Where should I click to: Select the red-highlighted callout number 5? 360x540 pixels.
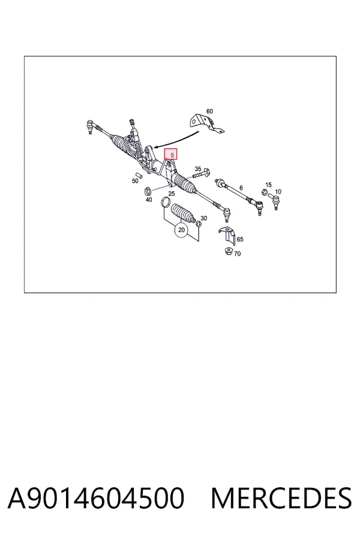pyautogui.click(x=172, y=155)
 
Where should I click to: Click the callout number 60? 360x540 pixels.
pyautogui.click(x=209, y=111)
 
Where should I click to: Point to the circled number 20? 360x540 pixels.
pyautogui.click(x=182, y=230)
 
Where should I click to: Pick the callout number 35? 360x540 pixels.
pyautogui.click(x=198, y=169)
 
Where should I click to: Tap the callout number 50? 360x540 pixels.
pyautogui.click(x=135, y=181)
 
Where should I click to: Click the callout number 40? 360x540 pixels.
pyautogui.click(x=148, y=200)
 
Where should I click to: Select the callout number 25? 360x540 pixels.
pyautogui.click(x=172, y=194)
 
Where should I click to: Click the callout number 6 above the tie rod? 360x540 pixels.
pyautogui.click(x=241, y=188)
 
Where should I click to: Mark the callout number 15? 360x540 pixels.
pyautogui.click(x=268, y=185)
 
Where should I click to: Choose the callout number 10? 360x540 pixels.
pyautogui.click(x=278, y=191)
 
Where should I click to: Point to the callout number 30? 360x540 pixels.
pyautogui.click(x=203, y=218)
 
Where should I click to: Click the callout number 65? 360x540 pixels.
pyautogui.click(x=240, y=239)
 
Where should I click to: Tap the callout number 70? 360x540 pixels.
pyautogui.click(x=238, y=254)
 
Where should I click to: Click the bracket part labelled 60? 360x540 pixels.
pyautogui.click(x=205, y=124)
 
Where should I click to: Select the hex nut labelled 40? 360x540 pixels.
pyautogui.click(x=147, y=190)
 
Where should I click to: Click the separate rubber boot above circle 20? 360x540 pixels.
pyautogui.click(x=183, y=213)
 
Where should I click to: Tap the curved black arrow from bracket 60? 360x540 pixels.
pyautogui.click(x=176, y=139)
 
